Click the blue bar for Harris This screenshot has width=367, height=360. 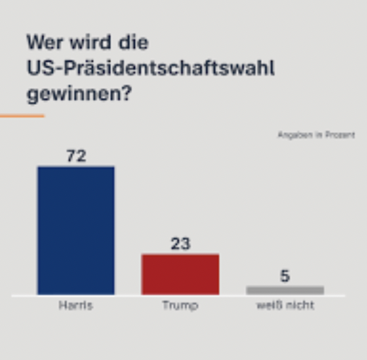tap(76, 230)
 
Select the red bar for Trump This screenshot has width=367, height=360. tap(180, 274)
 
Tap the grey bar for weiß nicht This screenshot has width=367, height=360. tap(285, 290)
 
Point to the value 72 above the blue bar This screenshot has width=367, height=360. tap(76, 155)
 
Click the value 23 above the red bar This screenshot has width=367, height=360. tap(180, 244)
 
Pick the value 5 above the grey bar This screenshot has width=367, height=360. tap(285, 275)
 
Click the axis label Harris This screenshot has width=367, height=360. tap(76, 306)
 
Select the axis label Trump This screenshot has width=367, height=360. tap(180, 306)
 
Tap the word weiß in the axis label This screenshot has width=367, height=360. tap(269, 306)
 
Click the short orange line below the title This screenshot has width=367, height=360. tap(22, 116)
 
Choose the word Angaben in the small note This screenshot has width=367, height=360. tap(293, 135)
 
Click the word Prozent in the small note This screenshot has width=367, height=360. tap(341, 135)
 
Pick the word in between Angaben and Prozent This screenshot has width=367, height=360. tap(317, 135)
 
